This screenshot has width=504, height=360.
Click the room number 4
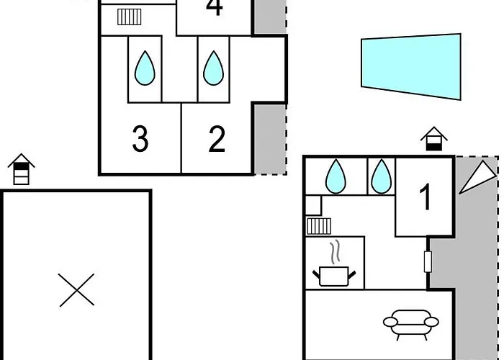[214, 9]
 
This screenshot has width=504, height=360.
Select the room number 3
[140, 139]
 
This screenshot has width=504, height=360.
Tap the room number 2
[217, 139]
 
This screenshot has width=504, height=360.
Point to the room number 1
[426, 197]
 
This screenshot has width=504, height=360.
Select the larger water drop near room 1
[336, 176]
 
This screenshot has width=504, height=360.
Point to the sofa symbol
[410, 323]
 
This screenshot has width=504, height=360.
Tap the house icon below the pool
[433, 139]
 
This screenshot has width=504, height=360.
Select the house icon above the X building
[22, 170]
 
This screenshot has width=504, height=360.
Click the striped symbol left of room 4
[130, 17]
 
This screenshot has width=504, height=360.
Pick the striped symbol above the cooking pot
[318, 226]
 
